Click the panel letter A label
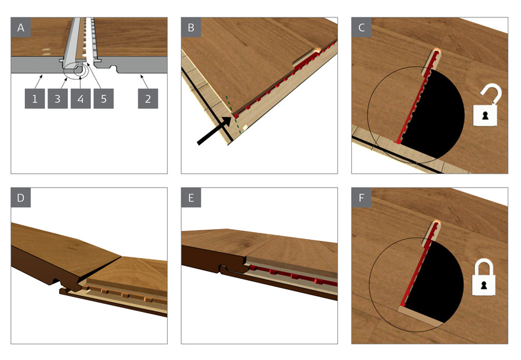coord(21,27)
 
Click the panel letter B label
coord(191,27)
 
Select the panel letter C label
coord(361,27)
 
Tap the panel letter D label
coord(21,197)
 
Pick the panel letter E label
coord(191,197)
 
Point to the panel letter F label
coord(361,197)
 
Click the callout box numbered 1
coord(35,99)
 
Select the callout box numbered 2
coord(148,99)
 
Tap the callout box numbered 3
coord(57,99)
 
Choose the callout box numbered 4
coord(80,99)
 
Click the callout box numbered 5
coord(104,99)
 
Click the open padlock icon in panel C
coord(485,106)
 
